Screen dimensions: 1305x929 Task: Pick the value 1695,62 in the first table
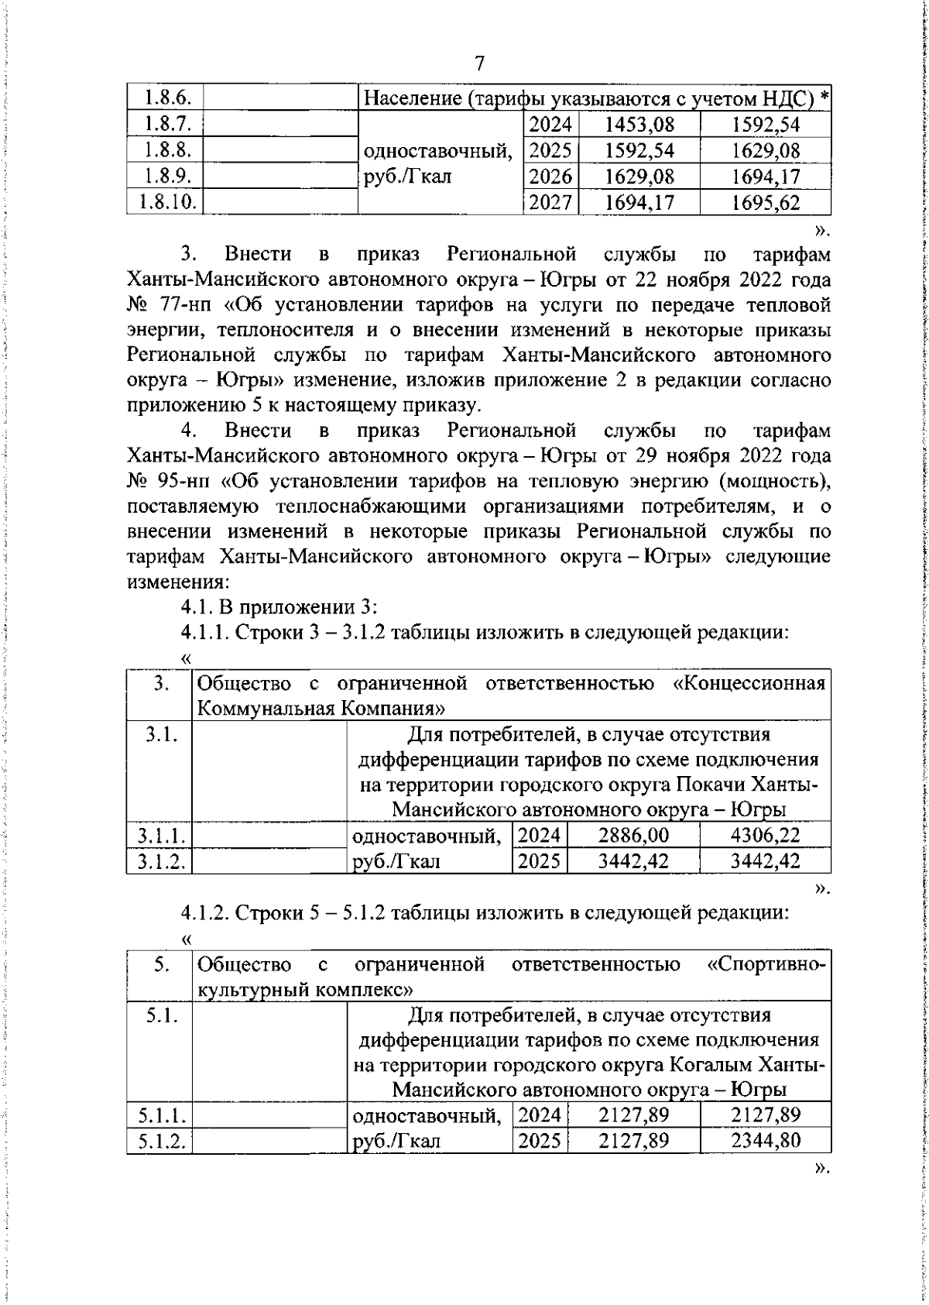pyautogui.click(x=765, y=203)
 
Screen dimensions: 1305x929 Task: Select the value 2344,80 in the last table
pyautogui.click(x=765, y=1140)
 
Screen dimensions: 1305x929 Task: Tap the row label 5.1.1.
pyautogui.click(x=160, y=1115)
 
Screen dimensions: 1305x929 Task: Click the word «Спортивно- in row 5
pyautogui.click(x=766, y=964)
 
